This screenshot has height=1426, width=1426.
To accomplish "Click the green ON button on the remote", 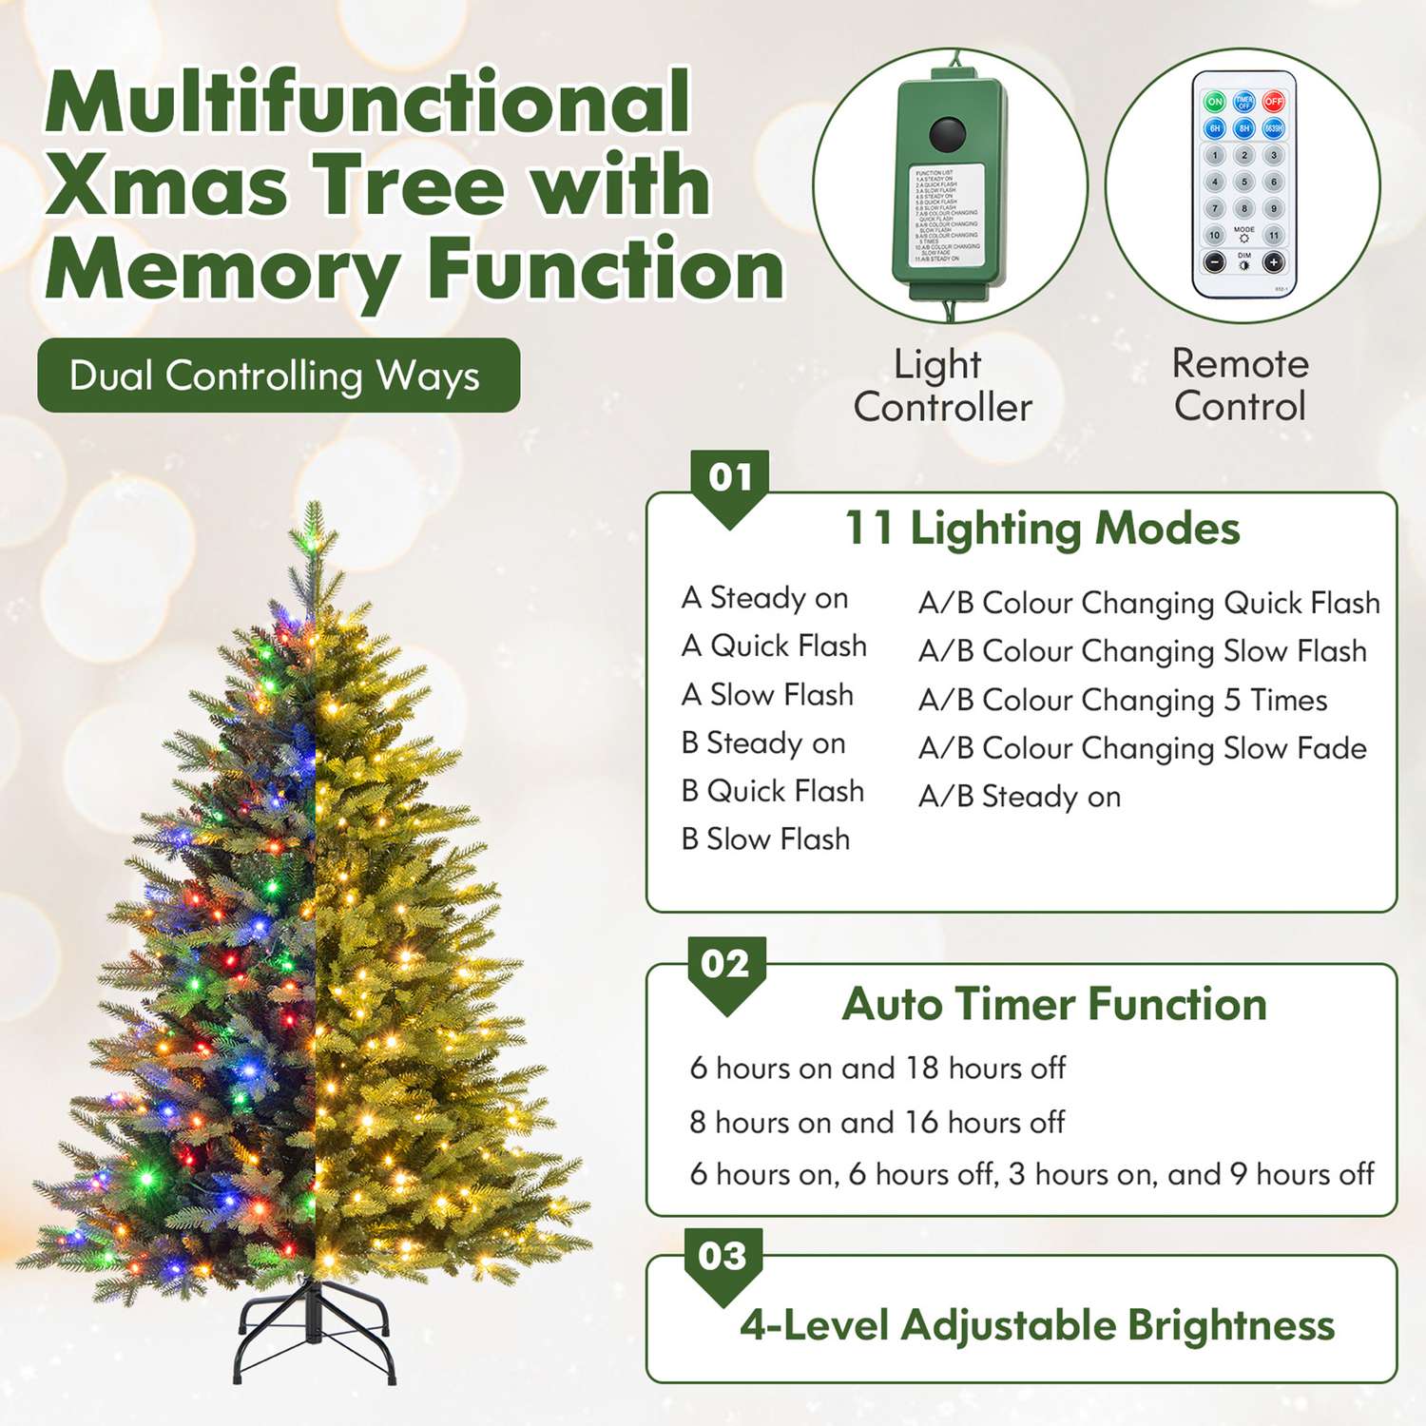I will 1215,102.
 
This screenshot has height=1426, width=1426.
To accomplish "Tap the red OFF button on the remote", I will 1274,102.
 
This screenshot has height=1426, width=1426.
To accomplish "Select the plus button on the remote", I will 1274,262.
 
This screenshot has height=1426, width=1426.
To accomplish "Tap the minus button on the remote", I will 1215,262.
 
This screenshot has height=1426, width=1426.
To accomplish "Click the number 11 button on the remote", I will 1274,235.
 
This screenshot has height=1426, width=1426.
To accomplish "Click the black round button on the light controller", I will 947,135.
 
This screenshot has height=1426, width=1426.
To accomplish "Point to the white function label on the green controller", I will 947,215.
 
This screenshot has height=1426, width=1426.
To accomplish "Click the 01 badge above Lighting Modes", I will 730,477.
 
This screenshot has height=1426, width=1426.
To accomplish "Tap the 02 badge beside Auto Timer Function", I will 725,964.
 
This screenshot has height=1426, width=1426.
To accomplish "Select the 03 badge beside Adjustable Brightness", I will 723,1257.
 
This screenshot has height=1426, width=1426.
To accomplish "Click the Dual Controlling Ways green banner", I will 278,376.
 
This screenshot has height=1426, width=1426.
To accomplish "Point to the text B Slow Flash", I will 765,839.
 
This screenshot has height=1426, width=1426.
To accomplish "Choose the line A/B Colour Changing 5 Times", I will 1122,701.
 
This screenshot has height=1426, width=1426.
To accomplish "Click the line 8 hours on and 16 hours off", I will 877,1123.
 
